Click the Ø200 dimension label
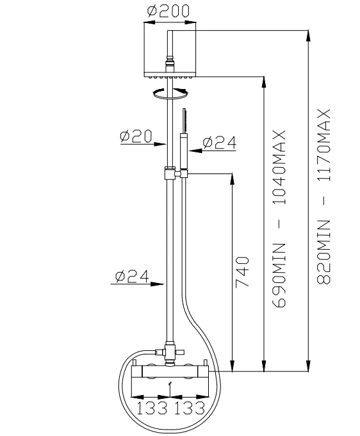[168, 12]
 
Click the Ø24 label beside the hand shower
[220, 143]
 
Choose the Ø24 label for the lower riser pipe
[132, 276]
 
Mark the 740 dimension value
[241, 273]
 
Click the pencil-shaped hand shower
[183, 137]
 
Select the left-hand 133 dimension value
[151, 408]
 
